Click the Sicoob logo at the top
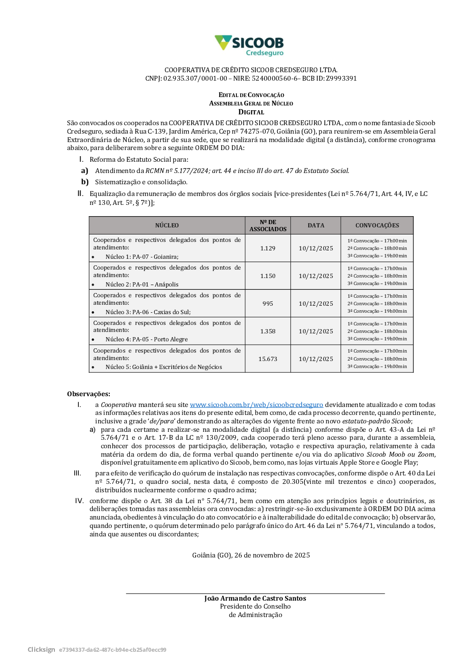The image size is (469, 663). [x=249, y=45]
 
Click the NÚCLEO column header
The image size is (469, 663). [x=167, y=226]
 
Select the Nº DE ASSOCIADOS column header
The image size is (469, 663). [x=268, y=226]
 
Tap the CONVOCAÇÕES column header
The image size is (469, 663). [x=377, y=226]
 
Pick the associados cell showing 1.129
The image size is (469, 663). [x=268, y=249]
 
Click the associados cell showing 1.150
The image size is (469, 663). [x=268, y=276]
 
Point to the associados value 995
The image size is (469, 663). [x=268, y=304]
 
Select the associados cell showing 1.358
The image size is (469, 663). [x=268, y=331]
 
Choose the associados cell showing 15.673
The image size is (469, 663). [x=268, y=359]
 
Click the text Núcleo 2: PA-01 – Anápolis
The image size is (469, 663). [x=142, y=285]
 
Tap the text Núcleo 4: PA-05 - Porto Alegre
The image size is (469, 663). [x=146, y=339]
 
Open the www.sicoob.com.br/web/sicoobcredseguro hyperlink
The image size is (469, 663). [x=256, y=405]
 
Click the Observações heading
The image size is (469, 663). [x=89, y=394]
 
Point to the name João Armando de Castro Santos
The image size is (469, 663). [x=255, y=598]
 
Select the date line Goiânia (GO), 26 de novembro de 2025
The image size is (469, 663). [x=251, y=555]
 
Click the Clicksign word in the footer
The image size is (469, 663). [x=41, y=649]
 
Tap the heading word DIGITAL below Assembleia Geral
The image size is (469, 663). [x=251, y=112]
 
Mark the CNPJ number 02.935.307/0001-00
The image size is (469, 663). [x=195, y=78]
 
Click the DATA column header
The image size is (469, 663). [x=316, y=226]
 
